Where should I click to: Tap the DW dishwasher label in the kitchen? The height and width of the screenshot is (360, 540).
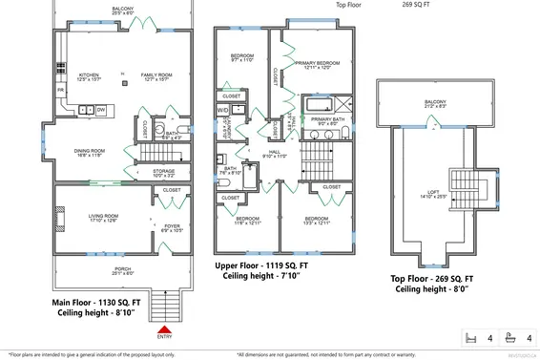pyautogui.click(x=100, y=110)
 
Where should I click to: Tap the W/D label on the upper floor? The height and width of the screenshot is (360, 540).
pyautogui.click(x=223, y=111)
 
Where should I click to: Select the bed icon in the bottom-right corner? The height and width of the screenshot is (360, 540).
pyautogui.click(x=468, y=338)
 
